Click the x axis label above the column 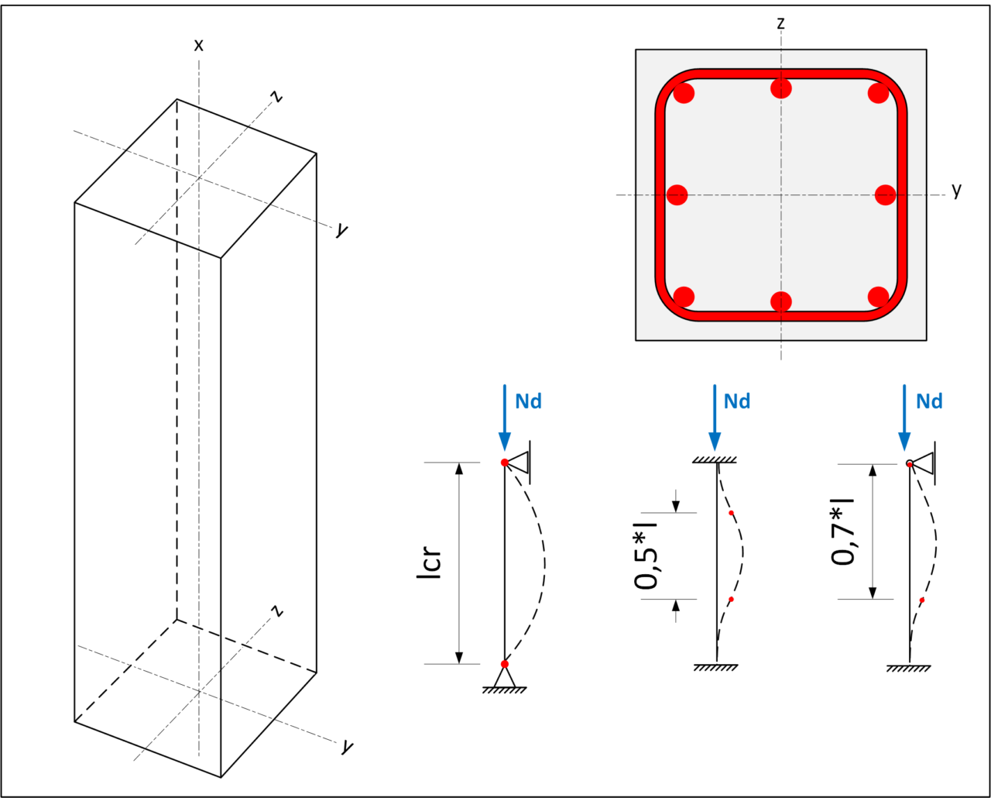pos(199,45)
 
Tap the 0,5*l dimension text pos(646,556)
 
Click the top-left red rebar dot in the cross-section pos(684,94)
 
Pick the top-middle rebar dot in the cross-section pos(781,88)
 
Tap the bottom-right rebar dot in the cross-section pos(878,296)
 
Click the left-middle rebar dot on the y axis pos(677,195)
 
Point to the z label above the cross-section pos(781,22)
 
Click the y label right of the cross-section pos(957,190)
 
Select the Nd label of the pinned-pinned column pos(528,401)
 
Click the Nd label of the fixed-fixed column pos(737,401)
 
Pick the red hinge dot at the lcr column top pos(504,463)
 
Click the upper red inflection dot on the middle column pos(731,513)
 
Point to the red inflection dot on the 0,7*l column pos(921,600)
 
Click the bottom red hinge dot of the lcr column pos(505,664)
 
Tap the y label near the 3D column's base pos(347,747)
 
